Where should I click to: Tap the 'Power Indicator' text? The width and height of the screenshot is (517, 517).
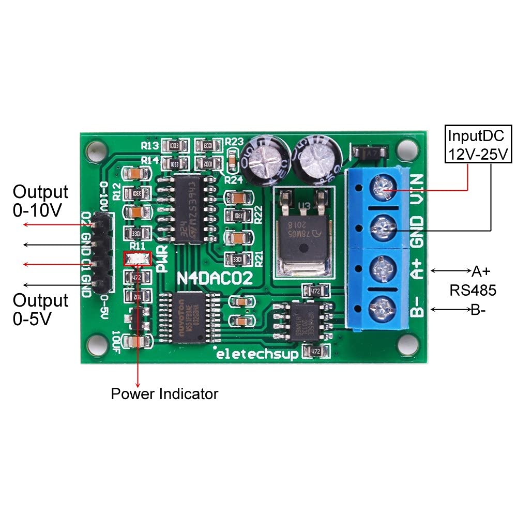[164, 394]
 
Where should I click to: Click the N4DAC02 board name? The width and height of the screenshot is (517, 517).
[216, 280]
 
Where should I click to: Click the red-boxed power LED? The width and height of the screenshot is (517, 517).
[137, 258]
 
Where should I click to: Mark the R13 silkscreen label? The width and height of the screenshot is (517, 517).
[150, 146]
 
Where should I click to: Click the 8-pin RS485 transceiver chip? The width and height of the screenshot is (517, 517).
[303, 320]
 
